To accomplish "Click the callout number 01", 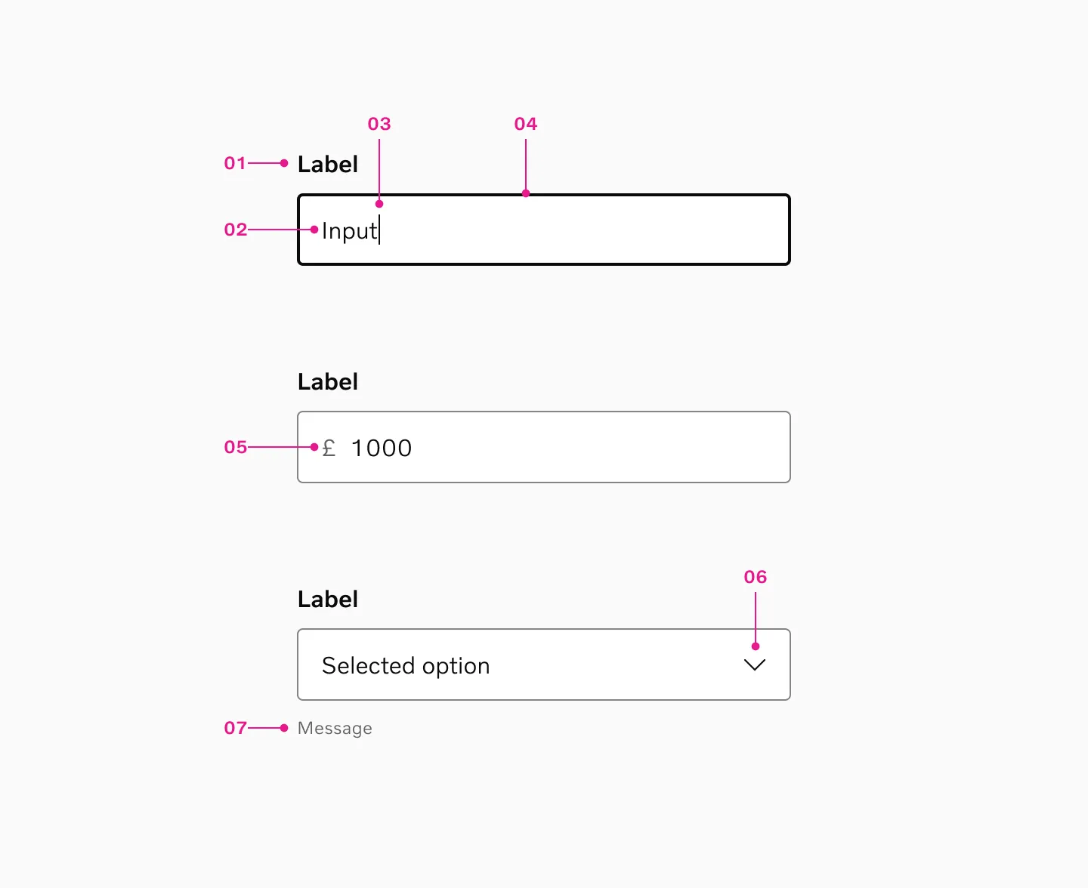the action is coord(235,163).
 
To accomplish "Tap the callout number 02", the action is coord(235,230).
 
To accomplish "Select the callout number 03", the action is coord(379,124).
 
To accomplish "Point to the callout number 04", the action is coord(526,124).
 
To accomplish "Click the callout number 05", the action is coord(235,447).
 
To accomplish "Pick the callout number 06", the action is coord(756,577).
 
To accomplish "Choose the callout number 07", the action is coord(235,728).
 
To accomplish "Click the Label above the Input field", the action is coord(328,165).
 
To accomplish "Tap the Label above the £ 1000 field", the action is coord(328,382).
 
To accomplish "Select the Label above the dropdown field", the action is coord(328,600).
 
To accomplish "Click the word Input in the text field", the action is coord(349,231).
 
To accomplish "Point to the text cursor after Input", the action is coord(379,230).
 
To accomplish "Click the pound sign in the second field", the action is coord(329,448).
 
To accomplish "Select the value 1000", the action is coord(382,448).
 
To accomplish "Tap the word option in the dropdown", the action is coord(456,667).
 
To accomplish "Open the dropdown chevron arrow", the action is coord(755,664).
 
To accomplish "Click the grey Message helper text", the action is coord(335,729).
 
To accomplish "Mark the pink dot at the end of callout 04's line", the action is coord(526,193).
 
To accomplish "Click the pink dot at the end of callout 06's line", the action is coord(756,646).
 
